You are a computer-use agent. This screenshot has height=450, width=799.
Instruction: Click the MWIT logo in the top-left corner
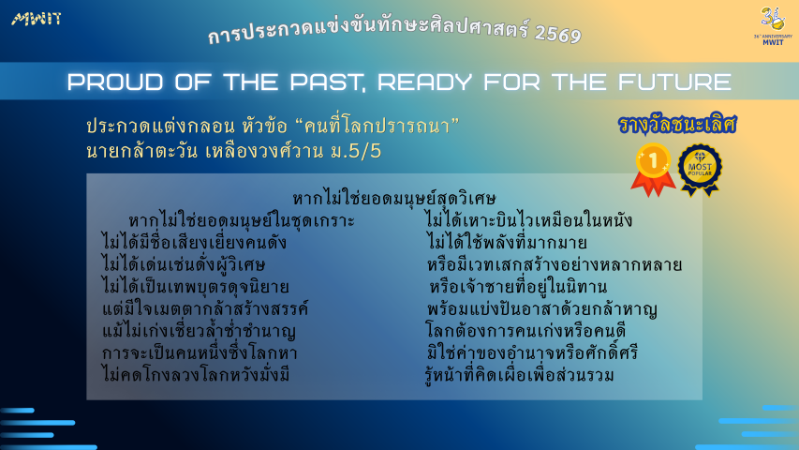[37, 19]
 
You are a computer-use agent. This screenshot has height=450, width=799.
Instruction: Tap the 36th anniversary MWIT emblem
[773, 26]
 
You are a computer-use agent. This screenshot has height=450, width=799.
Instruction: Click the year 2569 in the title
[558, 34]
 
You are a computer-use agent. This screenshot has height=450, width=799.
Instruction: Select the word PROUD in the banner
[115, 82]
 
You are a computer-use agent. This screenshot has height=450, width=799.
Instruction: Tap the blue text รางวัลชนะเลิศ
[677, 125]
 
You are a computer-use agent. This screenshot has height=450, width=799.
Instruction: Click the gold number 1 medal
[653, 170]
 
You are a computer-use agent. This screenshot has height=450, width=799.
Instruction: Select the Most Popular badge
[700, 170]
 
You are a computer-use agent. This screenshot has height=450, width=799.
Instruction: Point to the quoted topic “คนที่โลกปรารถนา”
[377, 126]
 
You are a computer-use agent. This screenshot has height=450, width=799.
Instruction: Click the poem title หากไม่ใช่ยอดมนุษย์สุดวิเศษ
[394, 198]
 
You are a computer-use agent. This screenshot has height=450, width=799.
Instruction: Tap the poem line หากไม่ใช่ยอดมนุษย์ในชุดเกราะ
[242, 220]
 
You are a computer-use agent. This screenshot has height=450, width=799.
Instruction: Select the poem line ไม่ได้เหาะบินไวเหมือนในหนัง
[528, 220]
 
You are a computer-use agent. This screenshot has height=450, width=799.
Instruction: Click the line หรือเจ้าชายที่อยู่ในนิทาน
[518, 287]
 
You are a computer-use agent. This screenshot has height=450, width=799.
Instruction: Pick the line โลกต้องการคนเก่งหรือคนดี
[525, 331]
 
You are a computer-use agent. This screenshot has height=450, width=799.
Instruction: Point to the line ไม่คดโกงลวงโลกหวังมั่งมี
[196, 375]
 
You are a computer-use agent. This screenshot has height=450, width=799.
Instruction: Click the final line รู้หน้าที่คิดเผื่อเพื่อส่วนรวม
[519, 375]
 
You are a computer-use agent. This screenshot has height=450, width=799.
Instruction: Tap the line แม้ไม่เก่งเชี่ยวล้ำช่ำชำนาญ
[199, 331]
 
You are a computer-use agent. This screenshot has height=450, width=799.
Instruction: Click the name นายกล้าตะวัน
[142, 152]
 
